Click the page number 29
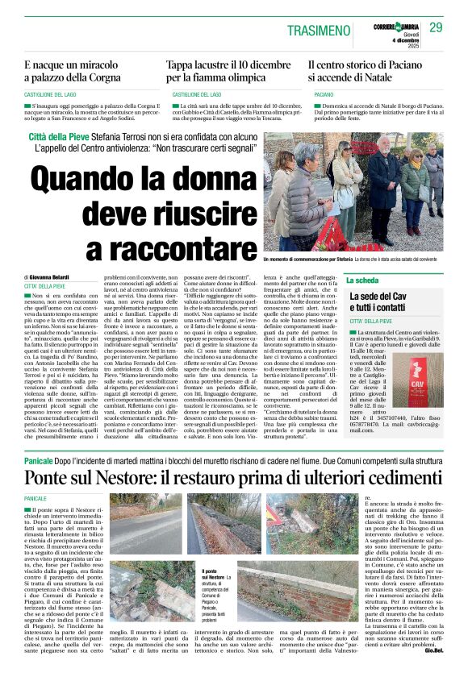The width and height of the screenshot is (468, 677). tap(436, 27)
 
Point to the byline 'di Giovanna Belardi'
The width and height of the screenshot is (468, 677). tap(48, 276)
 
